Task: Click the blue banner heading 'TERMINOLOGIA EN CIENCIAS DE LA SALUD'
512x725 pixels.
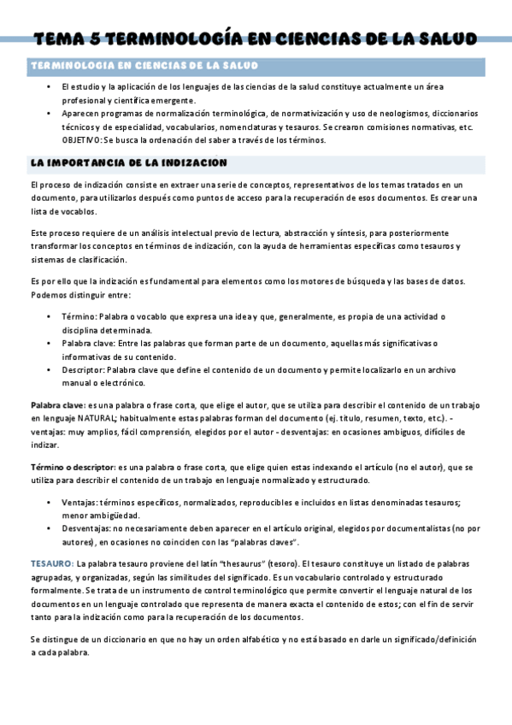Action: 144,66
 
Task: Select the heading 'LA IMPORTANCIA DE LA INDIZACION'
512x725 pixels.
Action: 128,162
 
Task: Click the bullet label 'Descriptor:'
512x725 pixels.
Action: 83,370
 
